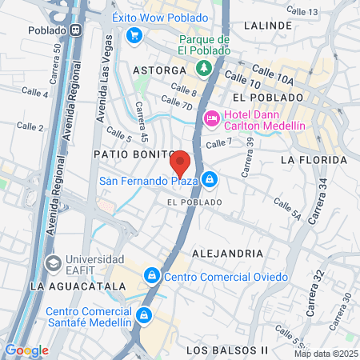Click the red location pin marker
180,163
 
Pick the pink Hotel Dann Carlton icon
212,118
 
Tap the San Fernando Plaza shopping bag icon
209,179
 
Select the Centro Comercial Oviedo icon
151,277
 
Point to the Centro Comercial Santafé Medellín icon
144,314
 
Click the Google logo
26,350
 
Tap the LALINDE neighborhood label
268,26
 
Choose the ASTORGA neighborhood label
159,70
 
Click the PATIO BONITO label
133,153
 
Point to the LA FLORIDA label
313,160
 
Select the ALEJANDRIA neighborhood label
228,253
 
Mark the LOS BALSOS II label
226,350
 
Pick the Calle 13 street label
301,11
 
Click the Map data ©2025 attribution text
326,354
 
